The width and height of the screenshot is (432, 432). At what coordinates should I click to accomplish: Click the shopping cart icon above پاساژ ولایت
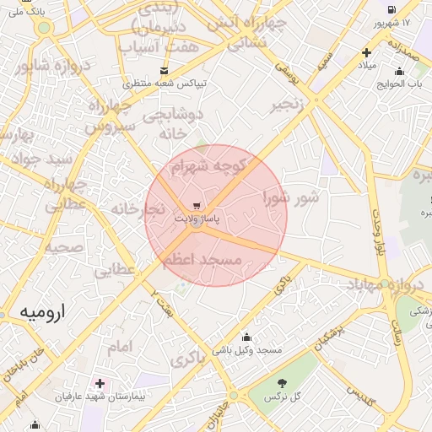click(196, 205)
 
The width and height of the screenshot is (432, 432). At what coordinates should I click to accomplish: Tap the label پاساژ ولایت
click(197, 219)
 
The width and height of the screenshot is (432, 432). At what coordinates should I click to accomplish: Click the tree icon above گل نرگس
click(280, 383)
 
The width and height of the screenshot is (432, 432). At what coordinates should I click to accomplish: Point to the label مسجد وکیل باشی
click(246, 349)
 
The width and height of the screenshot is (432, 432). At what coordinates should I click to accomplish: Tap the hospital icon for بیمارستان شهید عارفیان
click(100, 383)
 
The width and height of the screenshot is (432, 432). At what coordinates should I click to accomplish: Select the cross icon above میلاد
click(366, 52)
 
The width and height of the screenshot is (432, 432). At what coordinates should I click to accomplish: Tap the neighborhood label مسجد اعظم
click(202, 260)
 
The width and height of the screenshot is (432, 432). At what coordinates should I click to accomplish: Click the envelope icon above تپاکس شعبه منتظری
click(164, 70)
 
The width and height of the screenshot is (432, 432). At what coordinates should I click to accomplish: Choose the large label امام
click(121, 347)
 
